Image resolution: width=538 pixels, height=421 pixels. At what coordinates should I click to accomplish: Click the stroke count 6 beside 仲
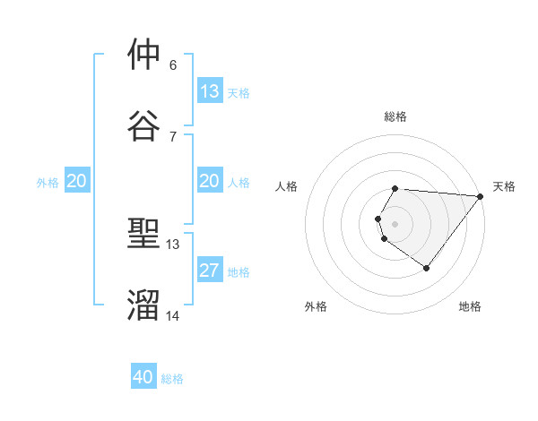tap(173, 65)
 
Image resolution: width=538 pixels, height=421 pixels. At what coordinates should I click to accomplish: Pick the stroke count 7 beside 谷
tap(173, 136)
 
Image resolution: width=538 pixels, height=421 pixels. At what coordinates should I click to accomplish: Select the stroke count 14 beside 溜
tap(173, 315)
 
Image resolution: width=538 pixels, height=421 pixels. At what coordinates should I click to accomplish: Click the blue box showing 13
tap(210, 91)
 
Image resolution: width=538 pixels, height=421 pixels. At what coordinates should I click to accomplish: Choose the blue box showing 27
tap(210, 271)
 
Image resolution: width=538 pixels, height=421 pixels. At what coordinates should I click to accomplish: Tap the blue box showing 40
tap(143, 378)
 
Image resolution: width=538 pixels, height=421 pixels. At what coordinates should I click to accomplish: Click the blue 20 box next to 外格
tap(76, 182)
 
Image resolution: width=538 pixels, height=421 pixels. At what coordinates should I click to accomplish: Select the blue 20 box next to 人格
tap(210, 182)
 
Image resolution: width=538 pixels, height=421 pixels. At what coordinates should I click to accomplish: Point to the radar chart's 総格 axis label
tap(395, 116)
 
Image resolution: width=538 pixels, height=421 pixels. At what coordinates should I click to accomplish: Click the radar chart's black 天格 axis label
tap(504, 186)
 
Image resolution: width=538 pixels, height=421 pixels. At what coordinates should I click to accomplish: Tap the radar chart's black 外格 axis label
tap(316, 306)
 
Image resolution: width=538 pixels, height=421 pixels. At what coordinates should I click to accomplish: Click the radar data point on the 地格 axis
tap(427, 268)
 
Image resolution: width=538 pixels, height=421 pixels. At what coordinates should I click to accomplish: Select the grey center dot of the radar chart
tap(395, 224)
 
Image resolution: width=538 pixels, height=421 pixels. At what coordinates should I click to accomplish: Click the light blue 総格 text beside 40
tap(172, 379)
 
